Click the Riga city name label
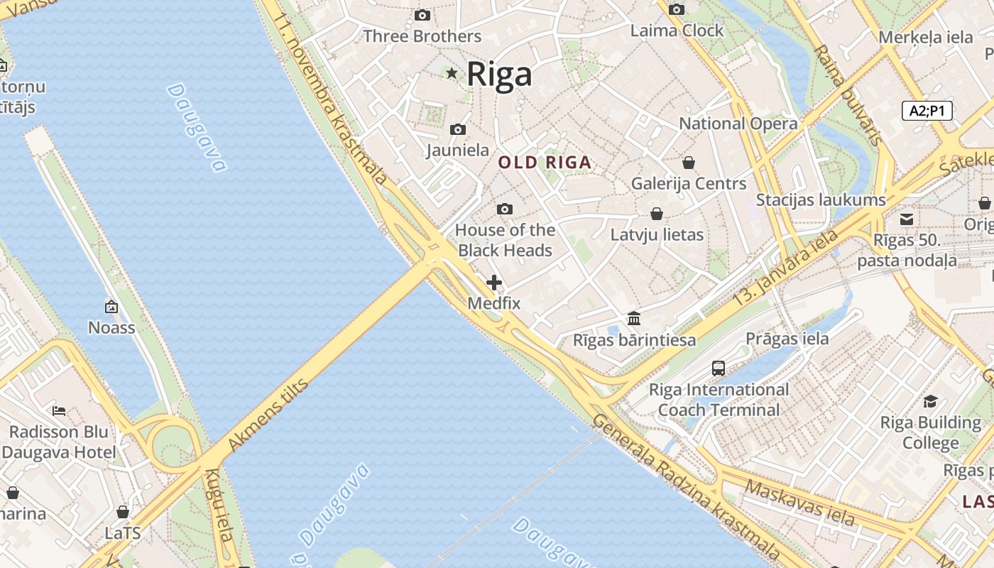click(499, 74)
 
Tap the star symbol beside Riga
click(452, 73)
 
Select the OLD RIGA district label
click(545, 163)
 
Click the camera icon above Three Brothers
click(422, 15)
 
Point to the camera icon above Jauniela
click(458, 129)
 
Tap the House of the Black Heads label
click(505, 240)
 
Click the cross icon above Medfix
click(494, 283)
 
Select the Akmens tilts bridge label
click(268, 416)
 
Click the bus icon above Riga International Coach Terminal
click(719, 368)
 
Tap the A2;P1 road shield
click(927, 111)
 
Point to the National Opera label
click(738, 124)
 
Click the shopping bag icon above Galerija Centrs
click(688, 163)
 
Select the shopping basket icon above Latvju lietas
click(657, 214)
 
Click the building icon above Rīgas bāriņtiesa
click(634, 319)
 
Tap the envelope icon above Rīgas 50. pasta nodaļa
click(907, 219)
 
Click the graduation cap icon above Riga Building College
click(930, 402)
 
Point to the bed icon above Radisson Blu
click(60, 410)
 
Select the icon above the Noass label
click(111, 307)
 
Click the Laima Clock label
click(677, 31)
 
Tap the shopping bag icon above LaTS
click(123, 512)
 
